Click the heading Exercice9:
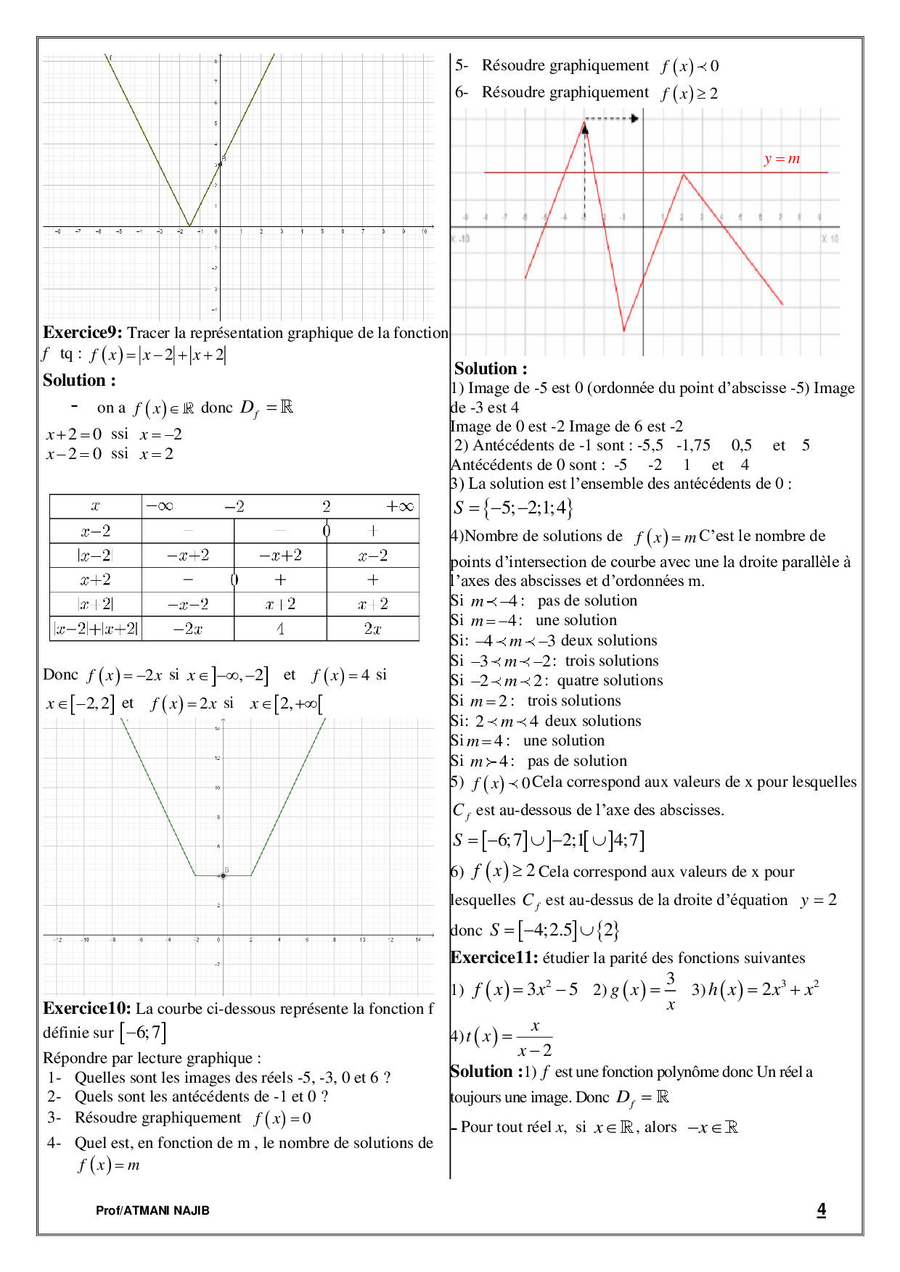coord(83,333)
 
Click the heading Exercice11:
coord(494,958)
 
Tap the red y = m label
coord(782,159)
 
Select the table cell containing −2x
coord(188,629)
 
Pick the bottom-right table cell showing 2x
coord(372,629)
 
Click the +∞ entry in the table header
coord(399,506)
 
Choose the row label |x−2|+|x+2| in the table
coord(96,629)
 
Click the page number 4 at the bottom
coord(821,1210)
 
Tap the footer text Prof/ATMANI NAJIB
coord(152,1210)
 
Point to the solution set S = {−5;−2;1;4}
coord(513,508)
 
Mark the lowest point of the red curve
coord(623,331)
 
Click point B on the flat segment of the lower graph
coord(224,875)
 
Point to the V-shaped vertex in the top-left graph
coord(189,226)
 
